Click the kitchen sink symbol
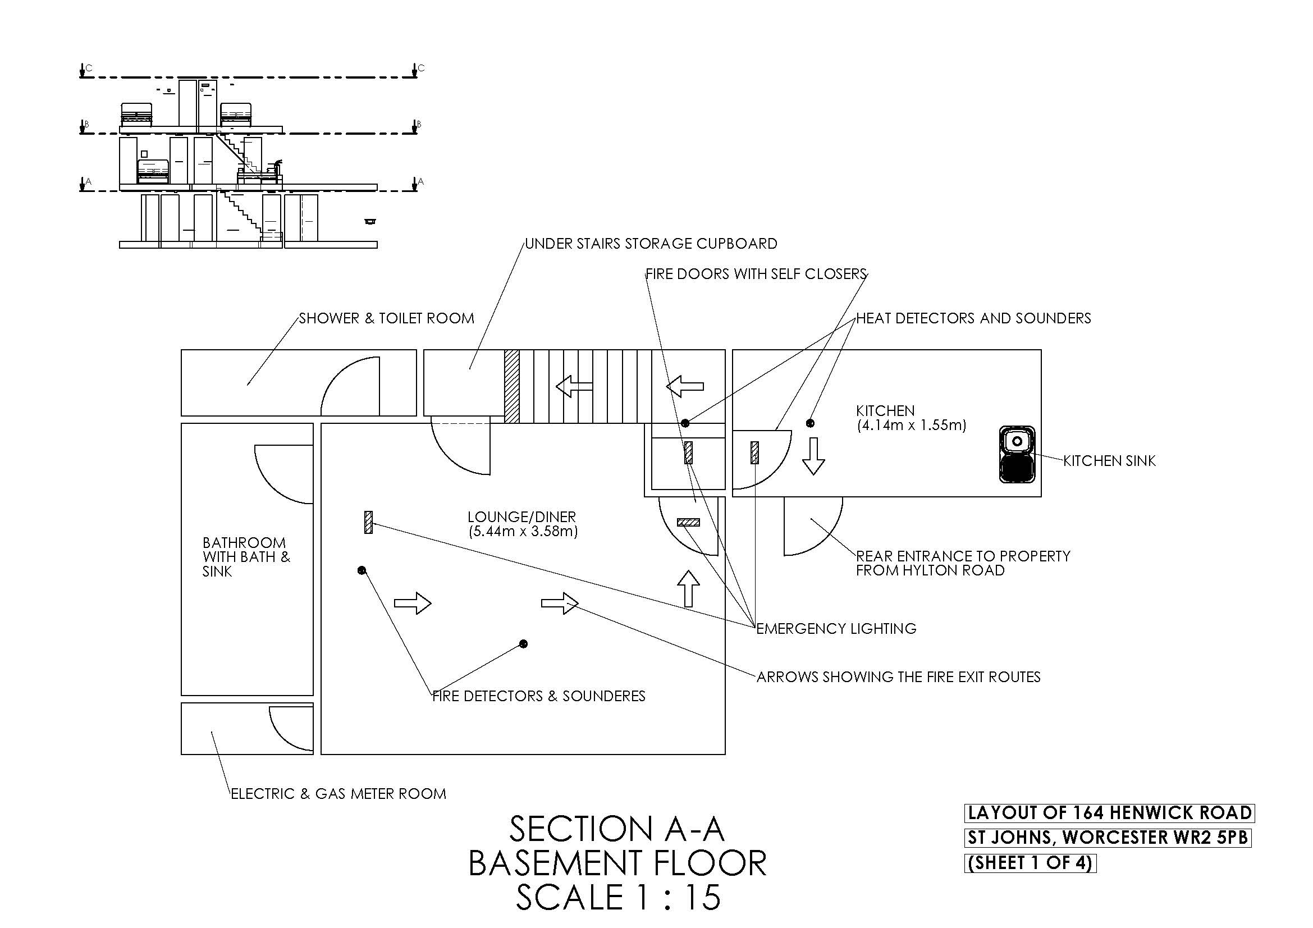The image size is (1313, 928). pos(1017,455)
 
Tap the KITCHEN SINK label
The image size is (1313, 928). pos(1109,461)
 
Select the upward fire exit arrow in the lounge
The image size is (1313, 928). pos(689,588)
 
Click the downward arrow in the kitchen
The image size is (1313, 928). pos(813,456)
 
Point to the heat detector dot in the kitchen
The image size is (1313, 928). pos(810,423)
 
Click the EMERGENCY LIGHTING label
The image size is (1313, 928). pos(836,629)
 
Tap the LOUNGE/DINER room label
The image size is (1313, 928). pos(521,517)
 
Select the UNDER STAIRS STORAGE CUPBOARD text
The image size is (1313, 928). pos(651,244)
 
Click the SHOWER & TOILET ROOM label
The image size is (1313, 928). pos(387,318)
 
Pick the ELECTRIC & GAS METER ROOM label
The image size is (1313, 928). pos(338,794)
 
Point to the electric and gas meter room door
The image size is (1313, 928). pos(291,729)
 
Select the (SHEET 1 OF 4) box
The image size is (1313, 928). pos(1030,863)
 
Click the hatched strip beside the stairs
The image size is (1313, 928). pos(512,386)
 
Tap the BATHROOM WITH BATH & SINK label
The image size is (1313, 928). pos(246,557)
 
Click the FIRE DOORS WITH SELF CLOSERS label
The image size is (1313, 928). pos(756,275)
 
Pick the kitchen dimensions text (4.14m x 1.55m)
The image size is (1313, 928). pos(911,426)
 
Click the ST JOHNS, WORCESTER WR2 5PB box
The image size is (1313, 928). pos(1108,838)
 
